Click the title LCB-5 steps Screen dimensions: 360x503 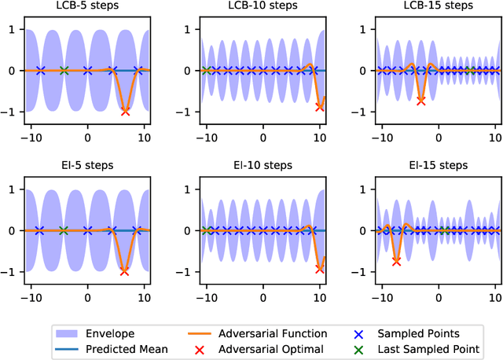coord(88,6)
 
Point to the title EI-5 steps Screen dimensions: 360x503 coord(88,166)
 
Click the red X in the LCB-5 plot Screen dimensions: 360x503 coord(125,111)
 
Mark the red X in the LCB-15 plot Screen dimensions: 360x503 coord(421,101)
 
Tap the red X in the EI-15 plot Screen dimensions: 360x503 coord(397,260)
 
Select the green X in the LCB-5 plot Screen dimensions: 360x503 coord(64,71)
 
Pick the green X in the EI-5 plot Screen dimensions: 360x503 coord(64,231)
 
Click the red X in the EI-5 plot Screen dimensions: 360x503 coord(124,271)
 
